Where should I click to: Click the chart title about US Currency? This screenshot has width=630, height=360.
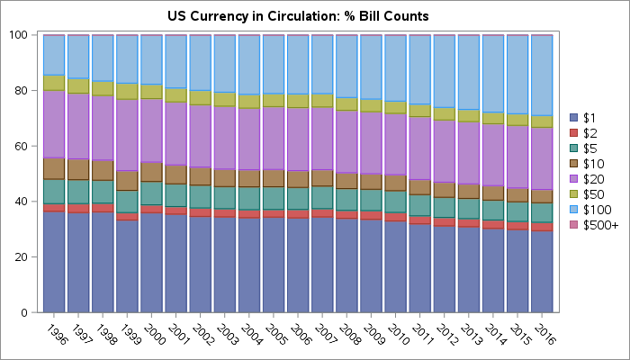298,16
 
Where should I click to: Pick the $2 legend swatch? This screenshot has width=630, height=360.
574,133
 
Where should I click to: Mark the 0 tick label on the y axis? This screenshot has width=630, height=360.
28,312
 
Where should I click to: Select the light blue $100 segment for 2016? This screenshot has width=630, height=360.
542,76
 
